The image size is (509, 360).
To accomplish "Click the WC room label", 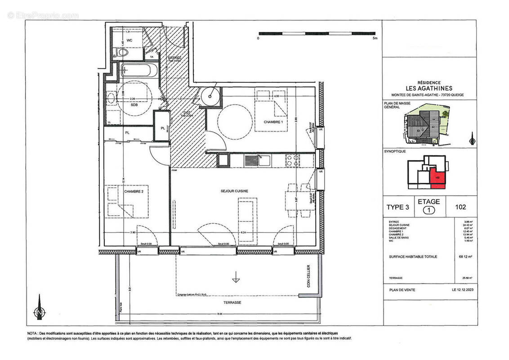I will (x=129, y=40).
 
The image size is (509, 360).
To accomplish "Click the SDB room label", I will (x=134, y=105).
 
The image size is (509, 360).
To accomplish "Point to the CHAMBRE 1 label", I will (x=273, y=122).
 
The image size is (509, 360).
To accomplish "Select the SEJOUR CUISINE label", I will (x=234, y=191).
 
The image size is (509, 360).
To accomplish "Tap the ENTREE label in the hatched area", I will (x=175, y=58).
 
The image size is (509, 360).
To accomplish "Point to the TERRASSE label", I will (x=234, y=302).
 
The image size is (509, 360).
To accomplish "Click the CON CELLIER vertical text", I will (x=308, y=275).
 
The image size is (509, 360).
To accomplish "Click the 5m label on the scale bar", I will (x=375, y=39).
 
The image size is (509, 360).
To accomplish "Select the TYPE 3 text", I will (x=398, y=207).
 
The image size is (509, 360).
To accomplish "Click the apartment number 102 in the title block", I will (x=460, y=207).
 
